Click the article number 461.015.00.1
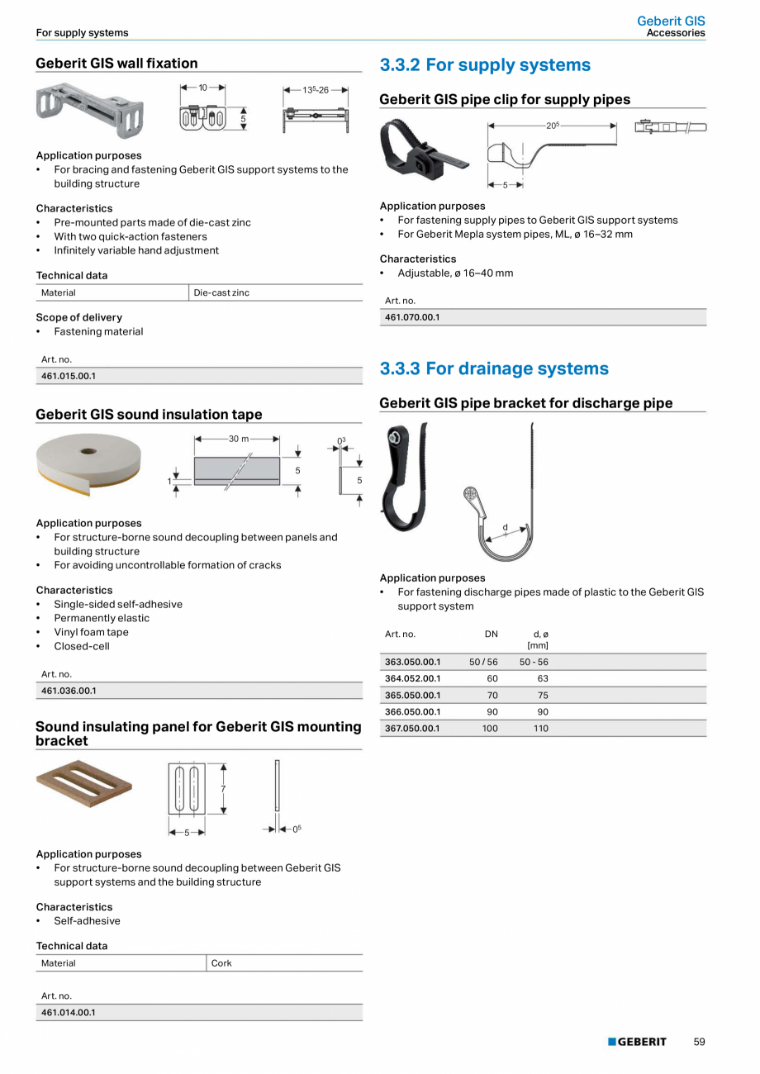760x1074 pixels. coord(69,376)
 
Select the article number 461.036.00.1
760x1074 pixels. coord(69,691)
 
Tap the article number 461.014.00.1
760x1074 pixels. coord(69,1012)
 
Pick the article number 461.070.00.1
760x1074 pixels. coord(412,317)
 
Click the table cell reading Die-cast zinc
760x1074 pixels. coord(221,292)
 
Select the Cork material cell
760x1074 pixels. coord(221,963)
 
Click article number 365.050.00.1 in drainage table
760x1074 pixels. coord(413,695)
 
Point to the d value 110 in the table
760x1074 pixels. coord(540,728)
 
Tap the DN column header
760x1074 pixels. coord(491,634)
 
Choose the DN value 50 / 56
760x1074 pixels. coord(483,662)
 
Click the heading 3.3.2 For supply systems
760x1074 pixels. coord(485,65)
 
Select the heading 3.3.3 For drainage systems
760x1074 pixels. coord(494,368)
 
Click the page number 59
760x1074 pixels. coord(699,1042)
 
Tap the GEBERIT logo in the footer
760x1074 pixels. coord(637,1042)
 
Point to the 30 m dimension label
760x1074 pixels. coord(239,439)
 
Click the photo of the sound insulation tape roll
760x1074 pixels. coord(89,463)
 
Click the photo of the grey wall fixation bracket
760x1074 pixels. coord(90,109)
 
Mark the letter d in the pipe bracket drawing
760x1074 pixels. coord(506,527)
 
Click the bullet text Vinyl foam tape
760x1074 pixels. coord(91,632)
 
